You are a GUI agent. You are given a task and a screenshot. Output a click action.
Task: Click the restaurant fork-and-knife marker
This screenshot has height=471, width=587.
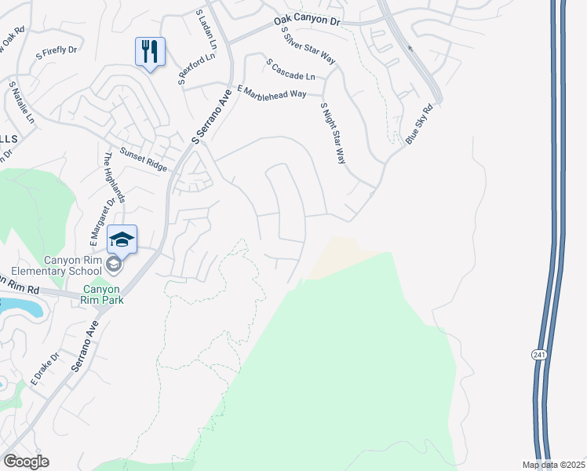(x=150, y=52)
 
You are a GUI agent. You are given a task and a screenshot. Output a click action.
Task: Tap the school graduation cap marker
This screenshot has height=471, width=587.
(x=122, y=239)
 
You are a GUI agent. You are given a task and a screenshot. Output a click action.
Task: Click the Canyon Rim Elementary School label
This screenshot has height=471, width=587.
(x=61, y=266)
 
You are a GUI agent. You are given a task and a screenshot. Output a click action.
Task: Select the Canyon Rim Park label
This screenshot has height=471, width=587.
(x=105, y=294)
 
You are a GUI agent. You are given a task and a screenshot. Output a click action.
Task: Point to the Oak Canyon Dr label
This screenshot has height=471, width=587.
(x=308, y=20)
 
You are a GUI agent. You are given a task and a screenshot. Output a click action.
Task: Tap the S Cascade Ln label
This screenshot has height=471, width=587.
(x=290, y=69)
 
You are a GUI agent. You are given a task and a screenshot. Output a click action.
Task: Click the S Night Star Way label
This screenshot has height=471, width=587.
(x=333, y=132)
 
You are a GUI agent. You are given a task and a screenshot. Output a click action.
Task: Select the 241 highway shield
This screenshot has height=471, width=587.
(x=538, y=356)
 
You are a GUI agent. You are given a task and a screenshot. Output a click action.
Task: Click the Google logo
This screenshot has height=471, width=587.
(x=26, y=462)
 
